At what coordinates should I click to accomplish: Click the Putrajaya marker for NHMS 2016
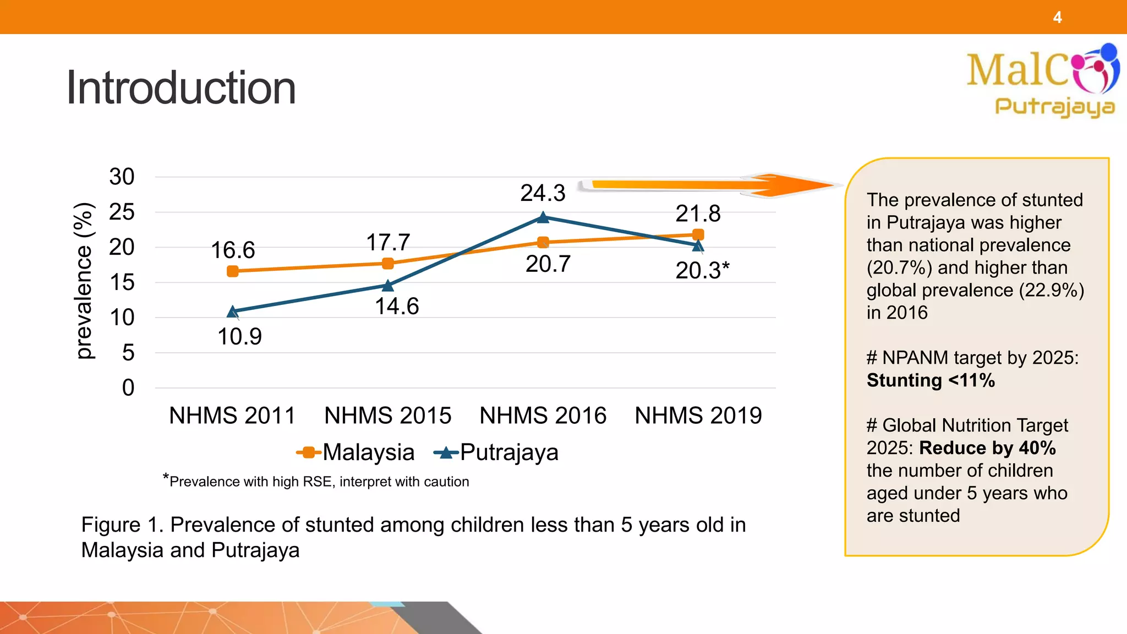click(x=543, y=218)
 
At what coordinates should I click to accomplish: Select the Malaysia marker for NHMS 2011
click(x=233, y=271)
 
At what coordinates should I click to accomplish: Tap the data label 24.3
click(x=543, y=193)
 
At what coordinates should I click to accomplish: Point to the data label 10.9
click(x=239, y=337)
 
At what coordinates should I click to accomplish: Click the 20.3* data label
click(x=702, y=270)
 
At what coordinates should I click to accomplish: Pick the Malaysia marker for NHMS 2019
click(x=698, y=234)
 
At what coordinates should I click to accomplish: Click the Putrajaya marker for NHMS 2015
click(x=388, y=285)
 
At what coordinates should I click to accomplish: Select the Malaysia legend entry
click(x=355, y=452)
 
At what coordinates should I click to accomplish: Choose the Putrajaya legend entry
click(x=496, y=452)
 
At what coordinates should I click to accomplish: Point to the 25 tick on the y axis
click(x=122, y=212)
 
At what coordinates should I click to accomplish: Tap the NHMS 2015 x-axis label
click(x=387, y=416)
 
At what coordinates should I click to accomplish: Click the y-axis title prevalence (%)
click(x=84, y=281)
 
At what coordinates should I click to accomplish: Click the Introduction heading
click(x=180, y=88)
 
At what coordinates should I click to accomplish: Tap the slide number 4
click(x=1057, y=18)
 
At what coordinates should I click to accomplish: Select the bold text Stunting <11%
click(x=931, y=380)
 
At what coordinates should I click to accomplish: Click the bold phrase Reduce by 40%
click(x=987, y=448)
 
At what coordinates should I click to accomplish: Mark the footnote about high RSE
click(x=316, y=482)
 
